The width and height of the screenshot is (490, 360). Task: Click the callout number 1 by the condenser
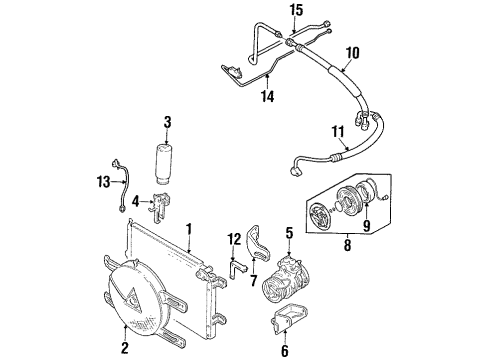[189, 232]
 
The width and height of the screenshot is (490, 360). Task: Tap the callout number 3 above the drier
[167, 122]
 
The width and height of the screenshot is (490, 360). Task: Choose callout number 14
[268, 96]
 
